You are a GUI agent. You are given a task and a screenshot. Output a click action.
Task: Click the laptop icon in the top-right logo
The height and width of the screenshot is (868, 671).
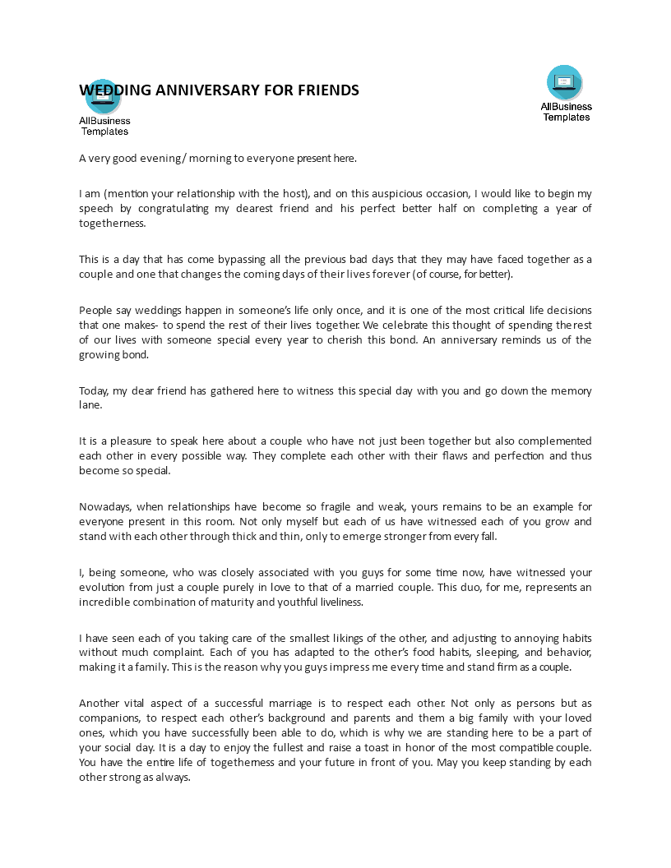(565, 81)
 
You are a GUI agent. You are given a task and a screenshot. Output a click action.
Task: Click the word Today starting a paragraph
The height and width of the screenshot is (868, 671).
(95, 391)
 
